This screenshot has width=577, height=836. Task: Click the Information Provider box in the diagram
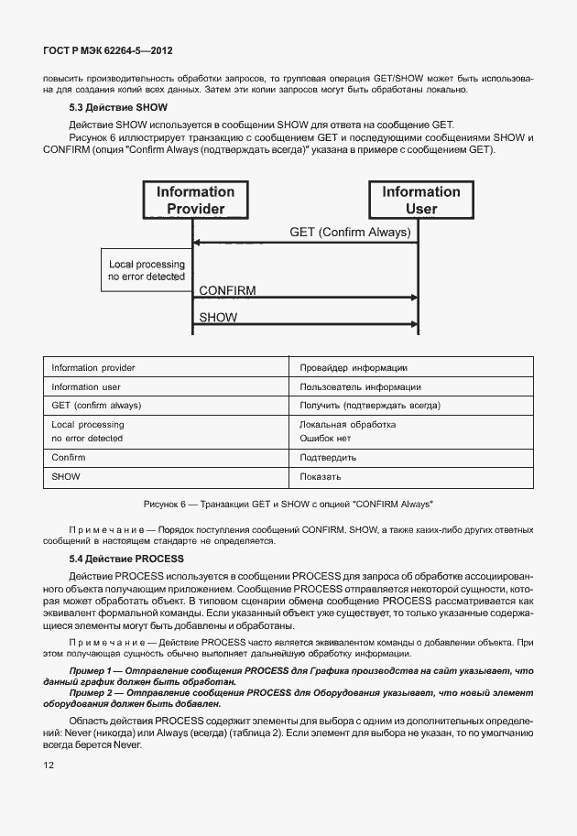click(195, 201)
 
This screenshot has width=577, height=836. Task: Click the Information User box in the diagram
click(421, 201)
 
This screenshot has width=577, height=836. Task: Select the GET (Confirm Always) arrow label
click(350, 233)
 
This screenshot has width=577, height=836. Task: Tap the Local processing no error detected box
click(147, 270)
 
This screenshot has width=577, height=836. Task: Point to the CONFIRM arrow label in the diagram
click(227, 291)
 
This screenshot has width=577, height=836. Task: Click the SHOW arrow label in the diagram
click(218, 318)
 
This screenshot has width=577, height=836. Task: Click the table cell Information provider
click(93, 368)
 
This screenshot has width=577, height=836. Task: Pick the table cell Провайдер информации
click(354, 368)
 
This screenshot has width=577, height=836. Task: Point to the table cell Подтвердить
click(328, 458)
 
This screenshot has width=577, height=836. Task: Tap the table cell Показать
click(321, 477)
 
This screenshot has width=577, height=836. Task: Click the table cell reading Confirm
click(69, 458)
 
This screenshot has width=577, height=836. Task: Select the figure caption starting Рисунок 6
click(288, 505)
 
